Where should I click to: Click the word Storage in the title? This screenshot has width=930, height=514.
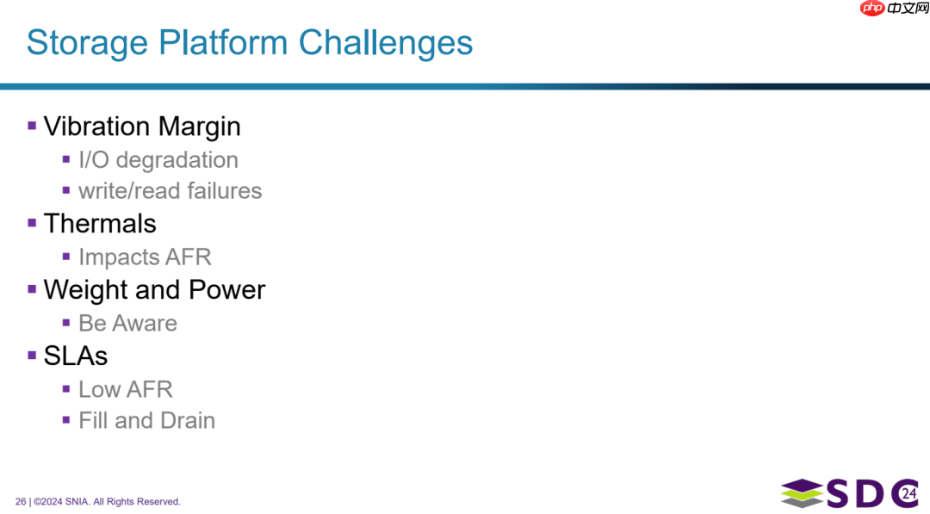click(87, 44)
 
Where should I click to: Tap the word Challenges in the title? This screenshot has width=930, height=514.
click(386, 44)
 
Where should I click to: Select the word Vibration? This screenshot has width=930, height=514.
click(96, 127)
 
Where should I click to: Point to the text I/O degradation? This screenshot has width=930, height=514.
click(158, 160)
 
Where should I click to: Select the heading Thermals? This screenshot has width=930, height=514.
click(100, 224)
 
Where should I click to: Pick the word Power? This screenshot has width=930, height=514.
click(227, 290)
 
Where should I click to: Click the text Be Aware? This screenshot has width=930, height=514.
click(128, 323)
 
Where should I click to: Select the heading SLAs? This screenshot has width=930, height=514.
click(76, 356)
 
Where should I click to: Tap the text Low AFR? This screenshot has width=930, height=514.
click(126, 389)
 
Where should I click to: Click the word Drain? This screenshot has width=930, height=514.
click(188, 420)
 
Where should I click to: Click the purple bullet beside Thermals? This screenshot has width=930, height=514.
click(32, 223)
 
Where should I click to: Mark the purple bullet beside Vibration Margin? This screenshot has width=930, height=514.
click(32, 126)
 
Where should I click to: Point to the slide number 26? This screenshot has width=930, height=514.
click(21, 502)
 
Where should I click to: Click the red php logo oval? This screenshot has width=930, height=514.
click(872, 8)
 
